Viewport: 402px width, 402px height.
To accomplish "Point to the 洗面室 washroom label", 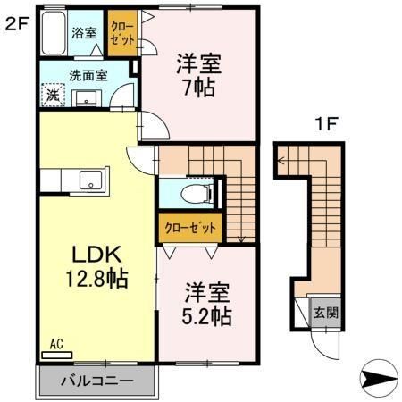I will pyautogui.click(x=87, y=75).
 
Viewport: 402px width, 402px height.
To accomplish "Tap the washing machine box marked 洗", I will pyautogui.click(x=53, y=94).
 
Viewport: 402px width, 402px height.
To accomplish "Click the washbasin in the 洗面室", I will pyautogui.click(x=88, y=96).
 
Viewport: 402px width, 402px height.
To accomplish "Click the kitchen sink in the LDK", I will pyautogui.click(x=89, y=180).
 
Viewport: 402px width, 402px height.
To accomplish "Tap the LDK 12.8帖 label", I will pyautogui.click(x=94, y=264).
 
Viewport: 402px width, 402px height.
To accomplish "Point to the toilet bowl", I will pyautogui.click(x=191, y=193).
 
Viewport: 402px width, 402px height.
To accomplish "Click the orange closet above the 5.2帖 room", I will pyautogui.click(x=189, y=227).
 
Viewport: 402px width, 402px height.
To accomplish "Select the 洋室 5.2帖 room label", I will pyautogui.click(x=209, y=304).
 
